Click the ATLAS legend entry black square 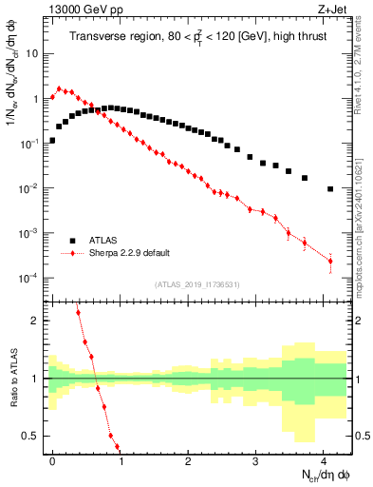coord(73,240)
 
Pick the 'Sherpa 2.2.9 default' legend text coord(129,253)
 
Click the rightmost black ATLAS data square coord(330,188)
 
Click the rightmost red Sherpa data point coord(330,261)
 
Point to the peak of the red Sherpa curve coord(59,88)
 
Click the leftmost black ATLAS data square coord(52,140)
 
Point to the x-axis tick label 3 coord(255,459)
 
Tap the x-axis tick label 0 coord(52,459)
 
